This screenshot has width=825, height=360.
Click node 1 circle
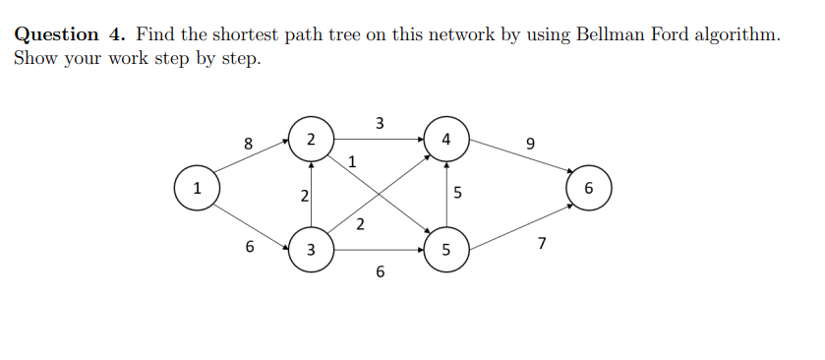coord(197,188)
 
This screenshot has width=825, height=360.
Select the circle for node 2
coord(311,139)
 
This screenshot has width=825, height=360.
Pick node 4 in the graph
coord(446,139)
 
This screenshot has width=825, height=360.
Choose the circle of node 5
coord(446,250)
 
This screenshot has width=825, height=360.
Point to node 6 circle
coord(589,188)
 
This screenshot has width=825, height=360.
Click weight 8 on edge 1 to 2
coord(249,145)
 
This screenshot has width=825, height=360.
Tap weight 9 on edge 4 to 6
coord(531,145)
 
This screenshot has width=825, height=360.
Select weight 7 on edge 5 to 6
coord(541,243)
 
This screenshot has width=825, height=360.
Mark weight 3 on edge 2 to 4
coord(380,123)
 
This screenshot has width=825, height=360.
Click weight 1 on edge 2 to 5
coord(352,161)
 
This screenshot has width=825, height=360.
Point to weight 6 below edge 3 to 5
coord(380,272)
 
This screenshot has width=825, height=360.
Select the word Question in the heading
coord(57,35)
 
